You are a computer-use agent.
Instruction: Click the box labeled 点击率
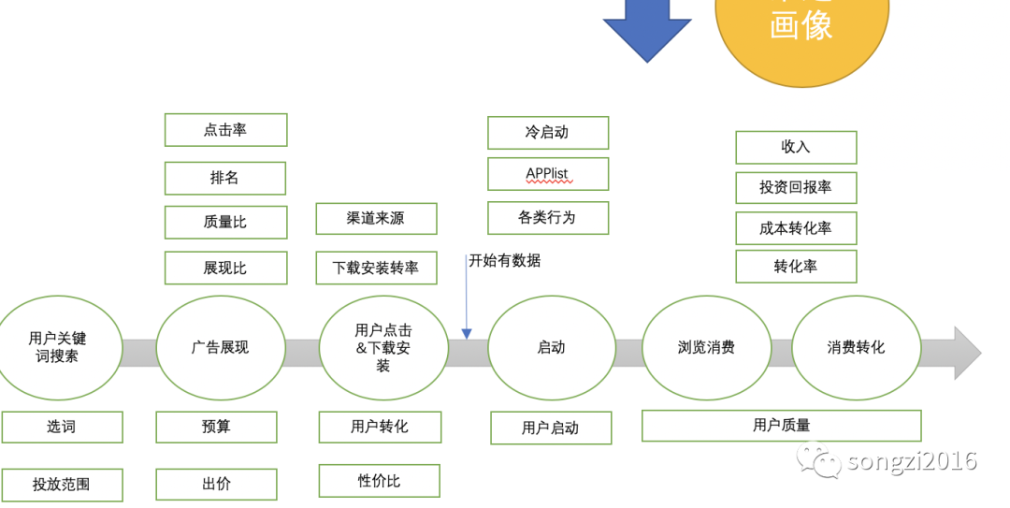point(225,130)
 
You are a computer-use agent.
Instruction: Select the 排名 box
point(225,178)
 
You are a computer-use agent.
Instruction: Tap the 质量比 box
point(225,223)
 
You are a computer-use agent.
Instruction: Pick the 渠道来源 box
point(376,218)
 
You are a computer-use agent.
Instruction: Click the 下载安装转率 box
point(376,268)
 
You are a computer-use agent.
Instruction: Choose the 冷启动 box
point(547,132)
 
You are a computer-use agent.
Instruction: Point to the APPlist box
point(547,174)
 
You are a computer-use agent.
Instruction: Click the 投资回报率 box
point(796,187)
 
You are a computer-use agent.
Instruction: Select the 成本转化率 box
point(796,228)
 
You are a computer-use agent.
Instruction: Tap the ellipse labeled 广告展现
point(221,347)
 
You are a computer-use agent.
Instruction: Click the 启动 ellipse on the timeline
point(551,347)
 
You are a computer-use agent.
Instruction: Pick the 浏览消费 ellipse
point(706,347)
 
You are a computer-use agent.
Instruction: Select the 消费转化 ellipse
point(856,347)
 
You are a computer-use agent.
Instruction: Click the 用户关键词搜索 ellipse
point(58,347)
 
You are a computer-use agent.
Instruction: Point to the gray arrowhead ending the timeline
point(967,353)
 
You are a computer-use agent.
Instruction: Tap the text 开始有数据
point(505,260)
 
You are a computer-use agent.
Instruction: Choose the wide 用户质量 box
point(781,426)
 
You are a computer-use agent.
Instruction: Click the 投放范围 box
point(62,485)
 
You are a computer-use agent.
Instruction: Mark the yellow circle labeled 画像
point(801,33)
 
